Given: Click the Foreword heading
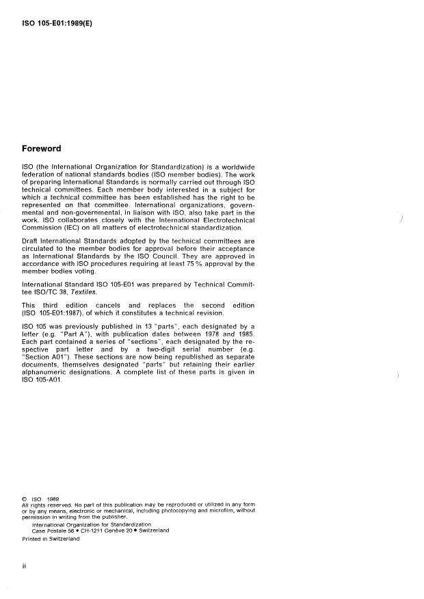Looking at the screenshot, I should [42, 148].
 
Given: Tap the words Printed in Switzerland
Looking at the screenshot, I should [51, 539].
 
